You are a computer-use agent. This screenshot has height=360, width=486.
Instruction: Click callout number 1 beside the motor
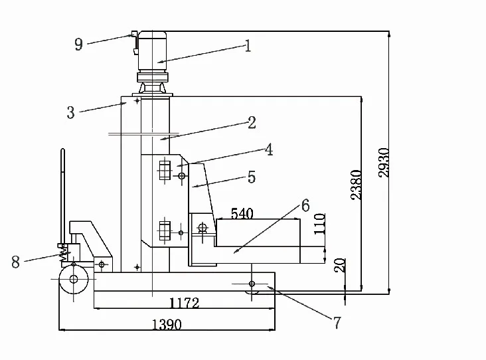pos(248,46)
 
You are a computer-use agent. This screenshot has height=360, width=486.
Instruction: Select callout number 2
pos(252,122)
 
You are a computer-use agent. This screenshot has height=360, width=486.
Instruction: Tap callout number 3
pos(70,112)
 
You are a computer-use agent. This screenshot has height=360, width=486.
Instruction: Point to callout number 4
pos(269,149)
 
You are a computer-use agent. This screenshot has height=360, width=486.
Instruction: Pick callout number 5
pos(252,177)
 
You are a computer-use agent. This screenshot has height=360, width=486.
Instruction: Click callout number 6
pos(305,205)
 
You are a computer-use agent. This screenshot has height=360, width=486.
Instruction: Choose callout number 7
pos(337,323)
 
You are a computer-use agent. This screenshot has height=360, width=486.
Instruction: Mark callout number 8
pos(15,262)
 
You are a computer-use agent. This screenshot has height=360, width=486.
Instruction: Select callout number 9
pos(79,44)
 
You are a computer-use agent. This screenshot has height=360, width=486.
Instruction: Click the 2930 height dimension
pos(384,163)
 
